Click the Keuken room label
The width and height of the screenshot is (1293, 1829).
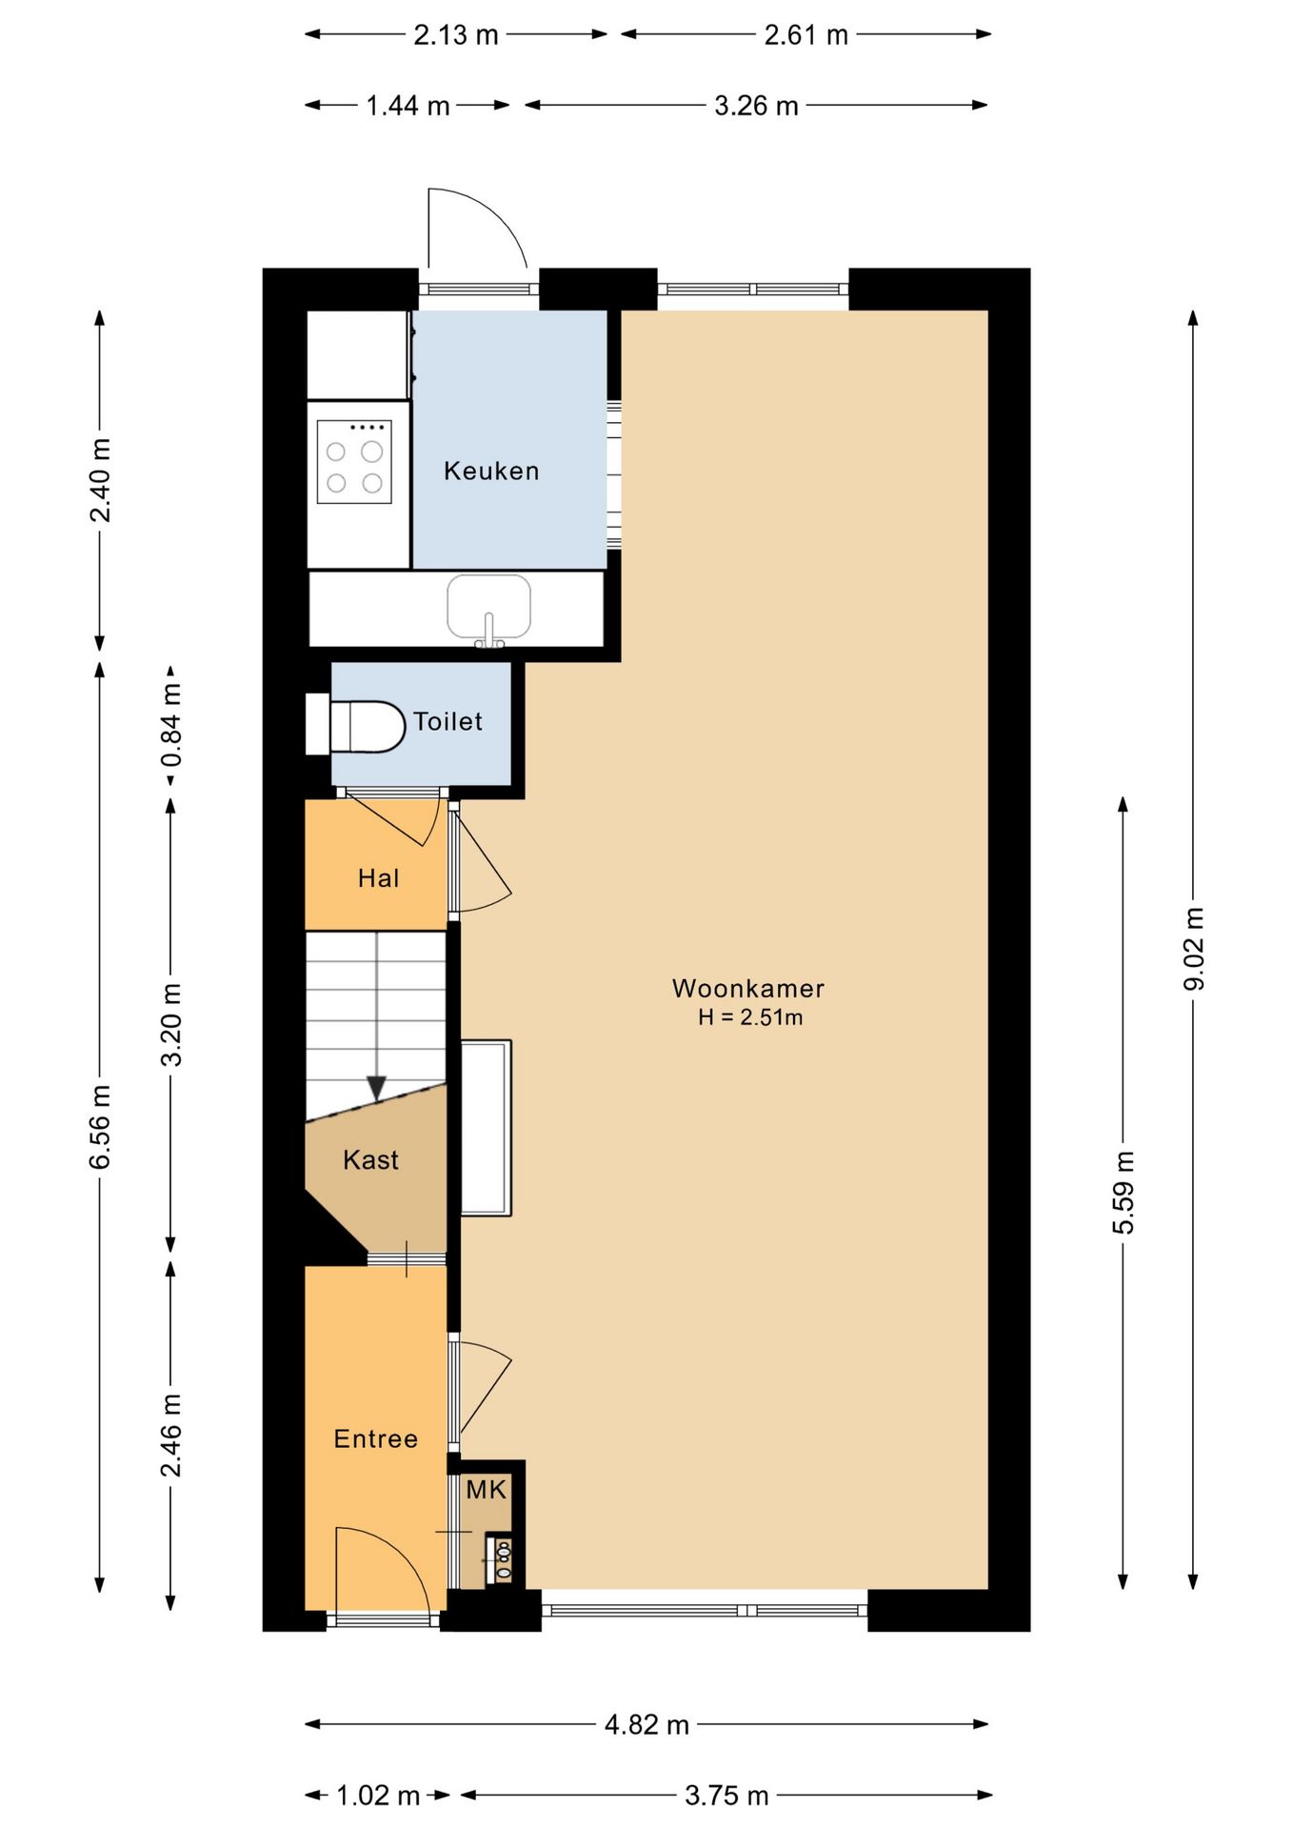[491, 471]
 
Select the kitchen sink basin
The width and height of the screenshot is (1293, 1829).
[488, 607]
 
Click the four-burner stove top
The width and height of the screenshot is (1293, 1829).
[354, 462]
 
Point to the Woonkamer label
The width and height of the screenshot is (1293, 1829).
[748, 988]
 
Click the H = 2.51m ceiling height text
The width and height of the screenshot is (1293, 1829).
[750, 1017]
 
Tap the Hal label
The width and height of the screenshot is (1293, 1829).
[378, 877]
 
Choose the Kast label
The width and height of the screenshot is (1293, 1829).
[370, 1159]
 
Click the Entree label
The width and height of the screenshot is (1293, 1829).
[376, 1438]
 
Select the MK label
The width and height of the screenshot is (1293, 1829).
[487, 1490]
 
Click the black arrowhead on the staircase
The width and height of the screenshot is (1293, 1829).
[377, 1088]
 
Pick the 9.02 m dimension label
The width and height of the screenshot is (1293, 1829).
[1193, 949]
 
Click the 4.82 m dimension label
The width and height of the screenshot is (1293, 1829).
[646, 1724]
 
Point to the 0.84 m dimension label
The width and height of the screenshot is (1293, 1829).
[171, 725]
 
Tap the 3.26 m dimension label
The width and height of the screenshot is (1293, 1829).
[756, 106]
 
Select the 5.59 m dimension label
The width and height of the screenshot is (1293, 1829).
[1124, 1193]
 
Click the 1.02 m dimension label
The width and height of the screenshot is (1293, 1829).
[378, 1796]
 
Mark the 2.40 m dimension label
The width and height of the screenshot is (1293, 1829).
[100, 480]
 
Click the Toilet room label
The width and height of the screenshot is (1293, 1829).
[448, 721]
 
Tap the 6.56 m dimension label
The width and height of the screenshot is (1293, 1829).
[100, 1127]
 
